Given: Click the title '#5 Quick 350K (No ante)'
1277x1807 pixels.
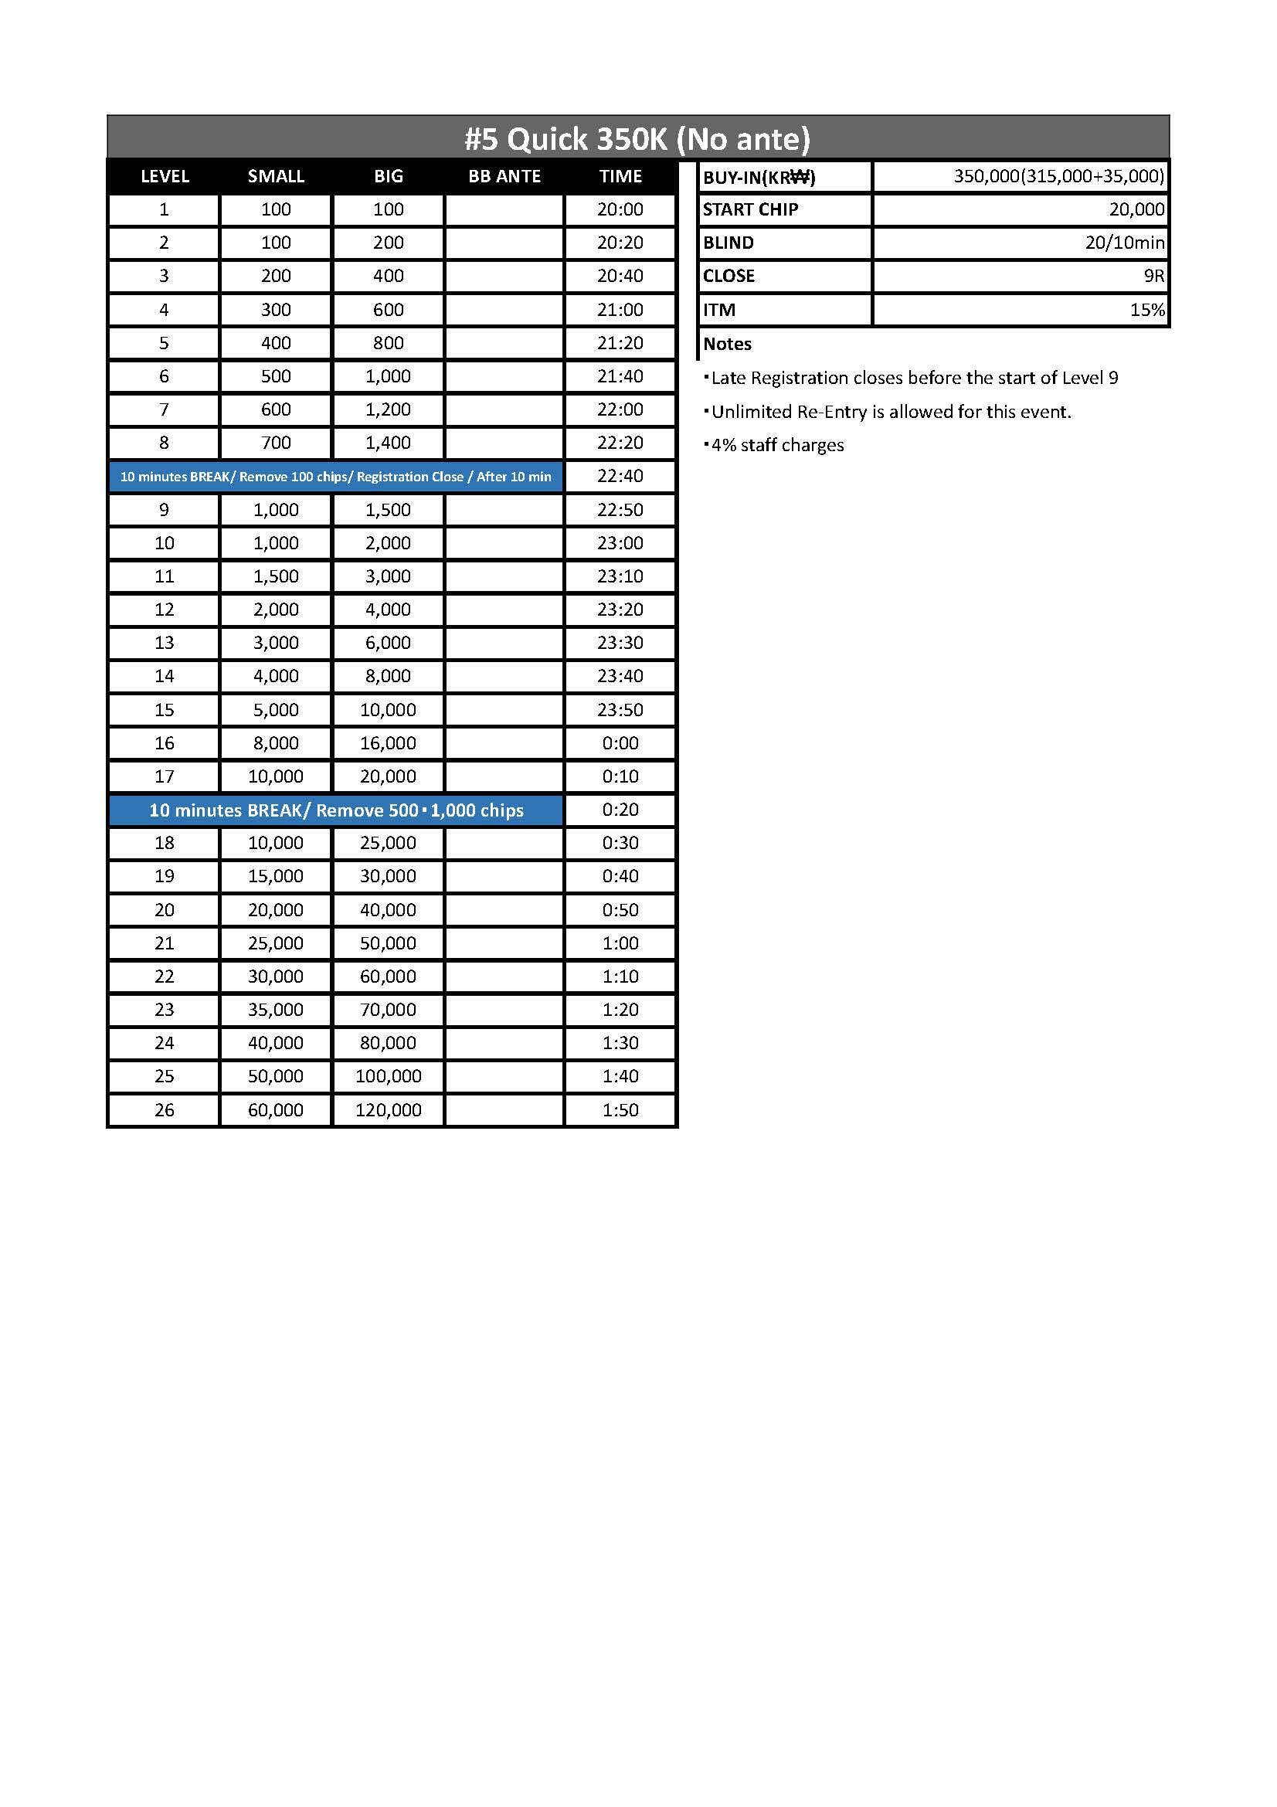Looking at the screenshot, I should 637,138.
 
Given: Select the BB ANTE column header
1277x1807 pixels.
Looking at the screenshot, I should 504,176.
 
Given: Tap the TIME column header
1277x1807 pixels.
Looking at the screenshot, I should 620,176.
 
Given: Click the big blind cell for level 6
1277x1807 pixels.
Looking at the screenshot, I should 388,376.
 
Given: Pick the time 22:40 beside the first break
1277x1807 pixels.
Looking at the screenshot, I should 620,476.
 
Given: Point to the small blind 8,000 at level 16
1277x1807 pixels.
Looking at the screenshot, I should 275,743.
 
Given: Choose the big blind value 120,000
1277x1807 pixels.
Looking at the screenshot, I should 388,1109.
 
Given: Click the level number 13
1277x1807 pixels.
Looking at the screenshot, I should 164,643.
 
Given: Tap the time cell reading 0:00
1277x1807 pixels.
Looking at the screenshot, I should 620,743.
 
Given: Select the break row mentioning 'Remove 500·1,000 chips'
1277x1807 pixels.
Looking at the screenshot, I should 336,810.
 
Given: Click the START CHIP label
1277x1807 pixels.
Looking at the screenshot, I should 750,209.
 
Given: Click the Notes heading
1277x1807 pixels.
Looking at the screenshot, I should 727,344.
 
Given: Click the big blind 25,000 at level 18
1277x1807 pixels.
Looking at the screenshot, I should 388,843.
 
